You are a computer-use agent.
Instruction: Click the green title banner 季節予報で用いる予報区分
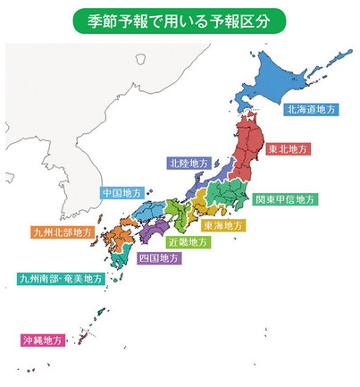180,19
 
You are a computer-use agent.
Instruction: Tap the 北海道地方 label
311,109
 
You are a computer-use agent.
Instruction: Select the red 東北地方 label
288,150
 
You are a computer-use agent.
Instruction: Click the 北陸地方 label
190,164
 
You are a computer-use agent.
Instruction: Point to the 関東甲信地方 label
285,198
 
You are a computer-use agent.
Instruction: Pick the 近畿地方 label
188,241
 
